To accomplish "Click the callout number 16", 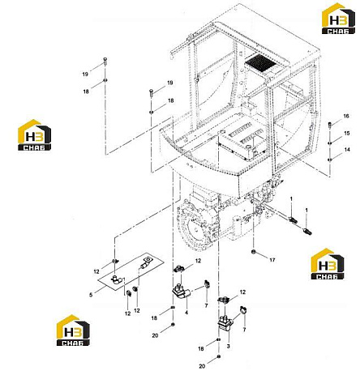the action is pos(346,116).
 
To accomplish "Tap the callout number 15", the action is pos(347,133).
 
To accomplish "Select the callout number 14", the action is pos(347,149).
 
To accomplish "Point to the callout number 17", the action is pos(272,260).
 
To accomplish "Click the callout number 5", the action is pos(91,295).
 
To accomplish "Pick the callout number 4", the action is pos(186,313).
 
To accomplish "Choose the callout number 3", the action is pos(229,346).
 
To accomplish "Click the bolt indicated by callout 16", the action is pos(330,125).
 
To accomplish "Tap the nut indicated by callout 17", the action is pos(254,252).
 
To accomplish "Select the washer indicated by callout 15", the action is pos(330,143).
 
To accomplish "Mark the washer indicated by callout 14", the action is pos(330,160).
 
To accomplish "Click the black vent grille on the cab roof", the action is pos(260,62).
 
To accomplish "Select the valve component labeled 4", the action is pos(181,292).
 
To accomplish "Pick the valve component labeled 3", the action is pos(225,323).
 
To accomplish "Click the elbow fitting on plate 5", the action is pos(116,279).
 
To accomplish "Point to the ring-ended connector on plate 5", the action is pos(145,262).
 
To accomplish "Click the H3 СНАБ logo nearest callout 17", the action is pos(328,264).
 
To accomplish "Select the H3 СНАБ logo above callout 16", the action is pos(338,19).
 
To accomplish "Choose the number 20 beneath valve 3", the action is pos(202,366).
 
